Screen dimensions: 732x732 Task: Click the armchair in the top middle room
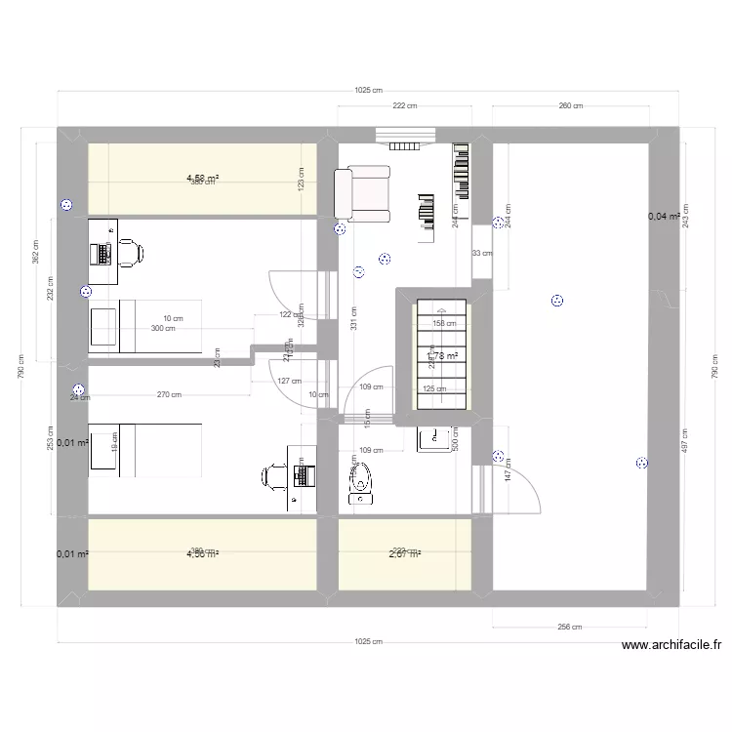pos(363,191)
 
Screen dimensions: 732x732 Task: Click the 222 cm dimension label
pos(405,106)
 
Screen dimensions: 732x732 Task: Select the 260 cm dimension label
pos(571,106)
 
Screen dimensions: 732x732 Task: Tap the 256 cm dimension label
pos(571,629)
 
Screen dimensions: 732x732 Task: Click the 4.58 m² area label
pos(202,178)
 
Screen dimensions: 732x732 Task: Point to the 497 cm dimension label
pos(686,442)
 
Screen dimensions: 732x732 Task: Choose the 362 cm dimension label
pos(35,253)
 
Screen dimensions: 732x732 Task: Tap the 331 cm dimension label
pos(353,318)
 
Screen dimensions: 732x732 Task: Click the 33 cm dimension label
pos(482,254)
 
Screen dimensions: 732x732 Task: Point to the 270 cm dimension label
pos(170,395)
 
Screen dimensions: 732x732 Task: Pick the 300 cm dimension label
pos(162,329)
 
